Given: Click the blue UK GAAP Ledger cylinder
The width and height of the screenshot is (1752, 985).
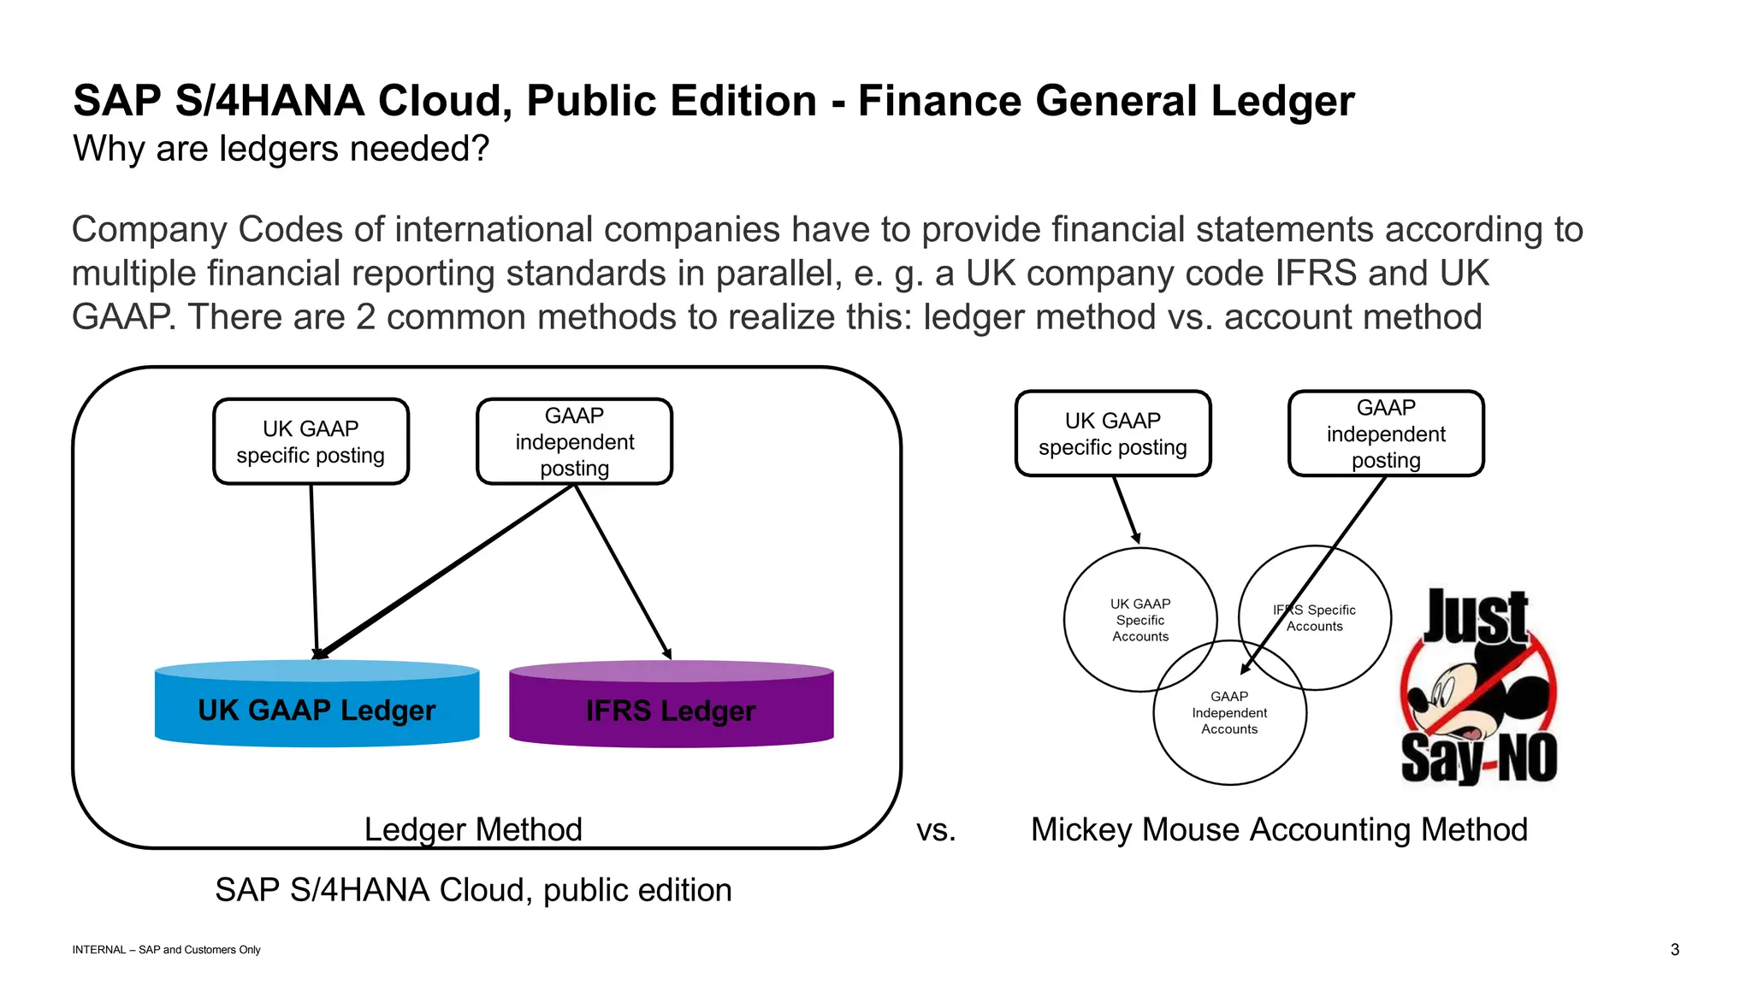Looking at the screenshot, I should (317, 709).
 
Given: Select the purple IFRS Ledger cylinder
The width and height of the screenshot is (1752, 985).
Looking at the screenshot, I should (671, 710).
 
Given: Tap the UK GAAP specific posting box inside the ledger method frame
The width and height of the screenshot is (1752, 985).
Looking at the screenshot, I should (311, 441).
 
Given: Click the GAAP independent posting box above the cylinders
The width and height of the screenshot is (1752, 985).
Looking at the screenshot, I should (574, 441).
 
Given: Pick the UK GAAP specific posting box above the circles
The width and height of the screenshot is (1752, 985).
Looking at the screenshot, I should (1112, 434).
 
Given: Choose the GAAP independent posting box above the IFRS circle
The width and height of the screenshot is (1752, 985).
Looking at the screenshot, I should (1385, 434).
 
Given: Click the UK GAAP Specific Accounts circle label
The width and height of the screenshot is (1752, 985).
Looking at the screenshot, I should (1139, 620).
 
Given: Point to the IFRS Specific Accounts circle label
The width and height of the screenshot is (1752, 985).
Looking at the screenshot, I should (1315, 617).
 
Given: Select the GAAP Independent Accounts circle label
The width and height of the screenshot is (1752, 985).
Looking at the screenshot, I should (1229, 712).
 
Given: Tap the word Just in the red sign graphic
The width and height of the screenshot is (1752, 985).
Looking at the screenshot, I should (1475, 616).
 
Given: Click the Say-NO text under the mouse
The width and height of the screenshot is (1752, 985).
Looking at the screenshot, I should (1478, 758).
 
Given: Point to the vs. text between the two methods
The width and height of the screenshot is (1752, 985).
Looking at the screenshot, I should (936, 829).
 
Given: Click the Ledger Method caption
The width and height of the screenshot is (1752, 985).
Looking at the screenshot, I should (473, 829).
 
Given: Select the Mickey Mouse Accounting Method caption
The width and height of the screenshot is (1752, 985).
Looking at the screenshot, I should (1279, 829).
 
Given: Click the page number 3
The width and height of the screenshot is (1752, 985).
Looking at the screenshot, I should (1674, 949).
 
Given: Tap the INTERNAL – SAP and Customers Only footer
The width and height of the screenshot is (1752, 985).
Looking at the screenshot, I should (166, 949).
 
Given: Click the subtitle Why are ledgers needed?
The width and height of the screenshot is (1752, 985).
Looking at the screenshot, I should (281, 149).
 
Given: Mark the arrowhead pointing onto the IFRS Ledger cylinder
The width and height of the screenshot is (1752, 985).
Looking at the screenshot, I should (667, 654).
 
